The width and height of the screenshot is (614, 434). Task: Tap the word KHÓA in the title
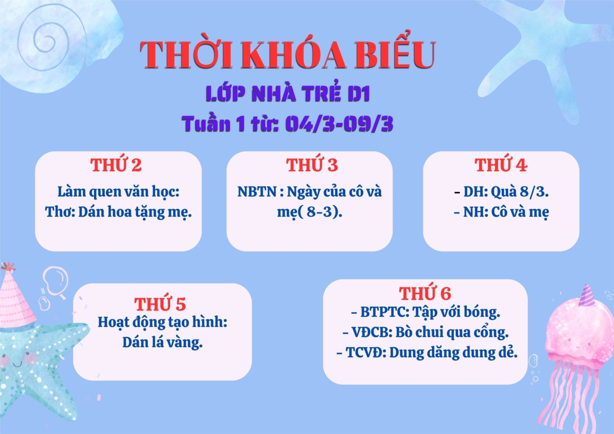(x=293, y=55)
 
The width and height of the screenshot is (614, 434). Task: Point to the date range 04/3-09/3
(x=339, y=124)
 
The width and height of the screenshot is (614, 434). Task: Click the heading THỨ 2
(x=116, y=165)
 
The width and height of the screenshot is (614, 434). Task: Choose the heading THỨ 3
(x=312, y=165)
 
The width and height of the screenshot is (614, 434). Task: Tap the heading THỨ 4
(x=501, y=165)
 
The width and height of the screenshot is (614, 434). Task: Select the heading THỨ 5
(x=160, y=303)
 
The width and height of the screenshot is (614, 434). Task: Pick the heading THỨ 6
(x=425, y=293)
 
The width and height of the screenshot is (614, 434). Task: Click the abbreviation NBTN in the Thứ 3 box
(x=257, y=191)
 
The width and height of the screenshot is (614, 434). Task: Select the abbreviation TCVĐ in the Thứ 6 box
(x=366, y=352)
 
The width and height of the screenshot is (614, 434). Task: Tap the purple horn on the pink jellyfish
(x=587, y=296)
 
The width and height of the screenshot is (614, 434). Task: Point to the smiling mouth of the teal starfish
(x=17, y=365)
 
